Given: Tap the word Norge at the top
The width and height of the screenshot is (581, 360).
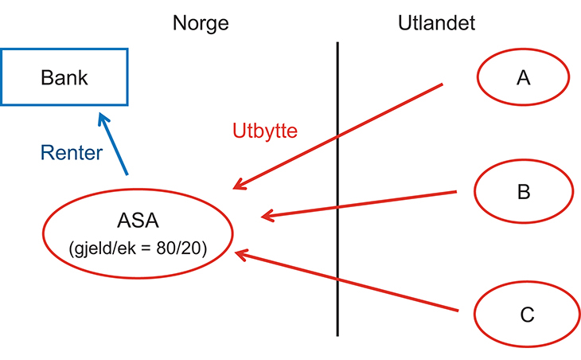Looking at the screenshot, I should [201, 23].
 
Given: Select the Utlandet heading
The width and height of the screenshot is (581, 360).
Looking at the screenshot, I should [437, 23].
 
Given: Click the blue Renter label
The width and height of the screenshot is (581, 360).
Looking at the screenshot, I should [72, 153].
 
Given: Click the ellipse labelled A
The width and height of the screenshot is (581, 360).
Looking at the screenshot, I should [523, 77].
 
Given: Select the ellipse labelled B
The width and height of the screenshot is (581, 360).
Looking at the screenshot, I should [524, 192].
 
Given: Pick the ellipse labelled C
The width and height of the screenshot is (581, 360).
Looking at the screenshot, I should [526, 315].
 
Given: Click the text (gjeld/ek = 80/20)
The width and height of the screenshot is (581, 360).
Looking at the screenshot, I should [138, 248].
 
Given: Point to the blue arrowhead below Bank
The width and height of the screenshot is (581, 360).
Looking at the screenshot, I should [102, 119].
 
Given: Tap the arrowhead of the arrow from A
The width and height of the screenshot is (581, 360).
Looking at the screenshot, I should [238, 186].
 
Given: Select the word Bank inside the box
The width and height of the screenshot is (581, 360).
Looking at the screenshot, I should [64, 77].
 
